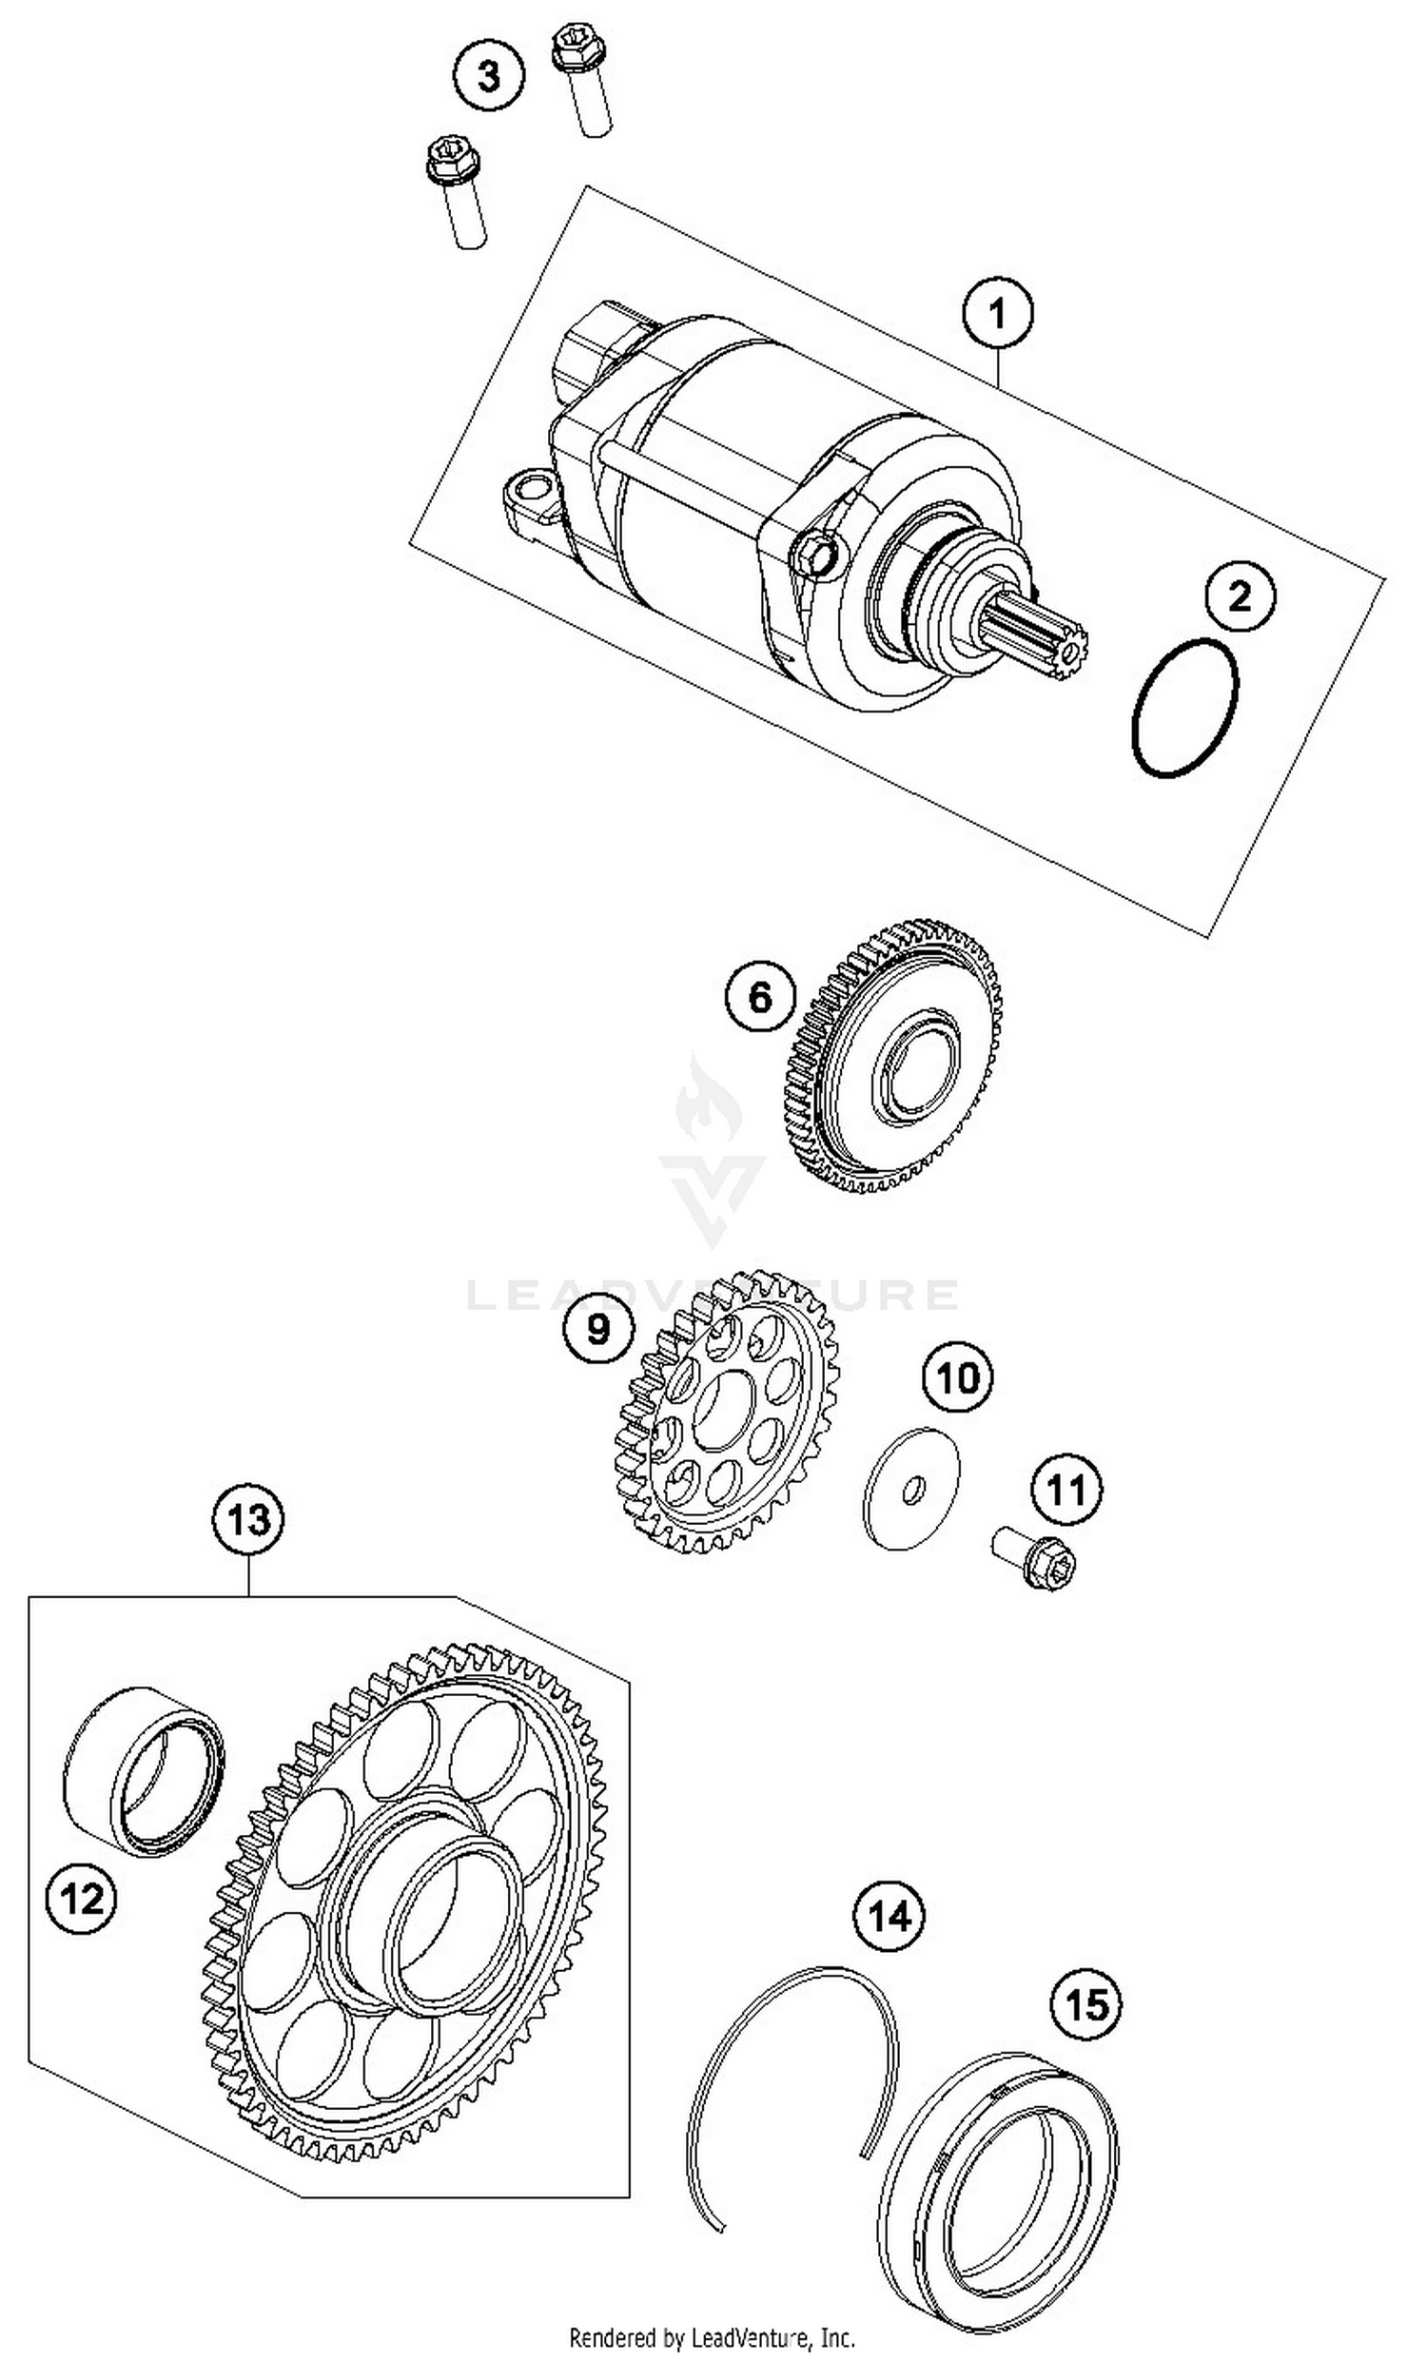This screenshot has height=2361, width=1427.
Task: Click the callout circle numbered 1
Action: click(x=997, y=313)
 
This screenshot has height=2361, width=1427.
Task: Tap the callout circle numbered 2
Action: click(x=1240, y=596)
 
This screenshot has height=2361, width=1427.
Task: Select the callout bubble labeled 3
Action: click(x=489, y=75)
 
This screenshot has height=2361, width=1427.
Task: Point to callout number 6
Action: click(x=760, y=996)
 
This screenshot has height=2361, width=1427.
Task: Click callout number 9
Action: click(x=598, y=1328)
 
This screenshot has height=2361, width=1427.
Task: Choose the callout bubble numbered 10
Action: click(x=957, y=1378)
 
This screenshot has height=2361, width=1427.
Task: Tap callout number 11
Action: click(x=1065, y=1490)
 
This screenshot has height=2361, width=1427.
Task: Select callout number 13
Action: click(x=248, y=1519)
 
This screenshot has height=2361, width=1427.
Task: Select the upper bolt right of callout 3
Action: click(x=579, y=80)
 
